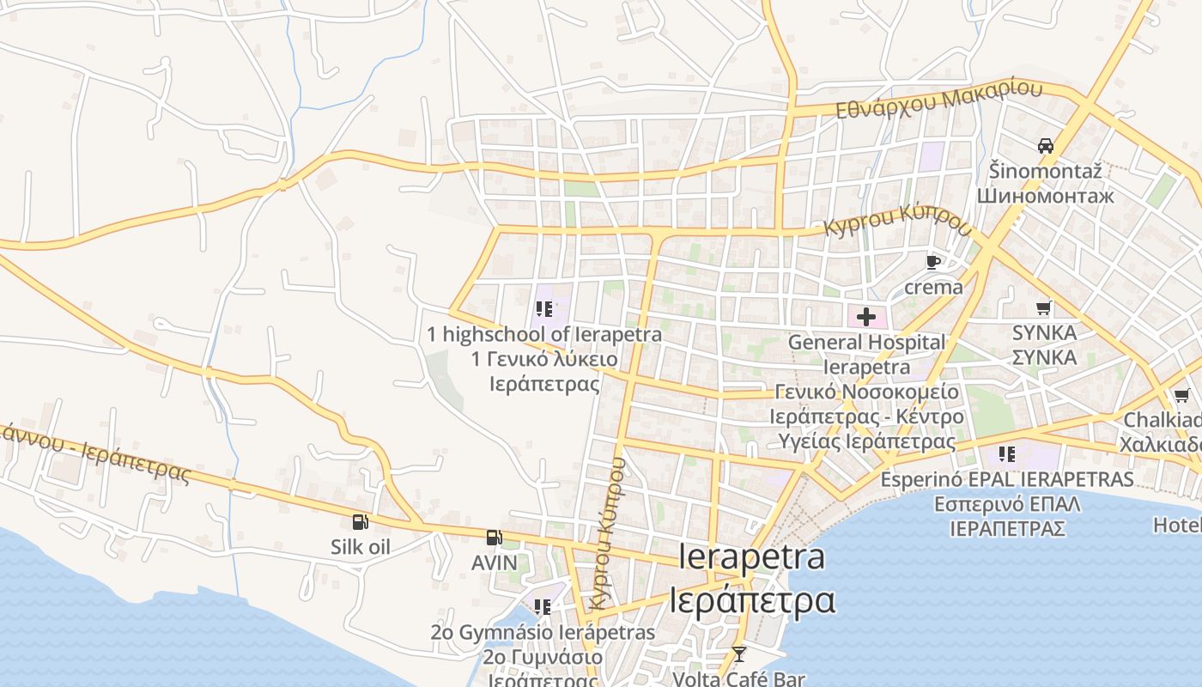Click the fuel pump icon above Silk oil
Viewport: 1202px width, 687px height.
(361, 521)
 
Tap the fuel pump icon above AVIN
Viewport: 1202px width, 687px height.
(494, 538)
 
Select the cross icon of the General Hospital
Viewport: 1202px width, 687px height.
(866, 317)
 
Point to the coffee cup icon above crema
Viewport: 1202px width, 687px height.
(933, 262)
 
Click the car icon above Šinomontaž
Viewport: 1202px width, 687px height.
(1045, 146)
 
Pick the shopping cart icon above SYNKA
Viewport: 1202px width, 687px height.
(1044, 307)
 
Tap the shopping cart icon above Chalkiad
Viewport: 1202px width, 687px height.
(1181, 396)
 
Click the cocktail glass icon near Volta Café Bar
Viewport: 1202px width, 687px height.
(738, 654)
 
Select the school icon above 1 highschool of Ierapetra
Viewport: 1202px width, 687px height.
(543, 309)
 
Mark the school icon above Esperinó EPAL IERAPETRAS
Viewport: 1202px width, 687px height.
(1007, 453)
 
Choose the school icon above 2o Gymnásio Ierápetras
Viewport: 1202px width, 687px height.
(543, 607)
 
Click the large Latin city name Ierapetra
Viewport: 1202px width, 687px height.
(752, 556)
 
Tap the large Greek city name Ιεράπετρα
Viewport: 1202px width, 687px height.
(752, 599)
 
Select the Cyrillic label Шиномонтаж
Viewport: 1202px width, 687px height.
(1045, 196)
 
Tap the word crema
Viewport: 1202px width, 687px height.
(933, 287)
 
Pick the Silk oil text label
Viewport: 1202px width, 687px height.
(361, 547)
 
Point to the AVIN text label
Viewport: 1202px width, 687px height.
(495, 563)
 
